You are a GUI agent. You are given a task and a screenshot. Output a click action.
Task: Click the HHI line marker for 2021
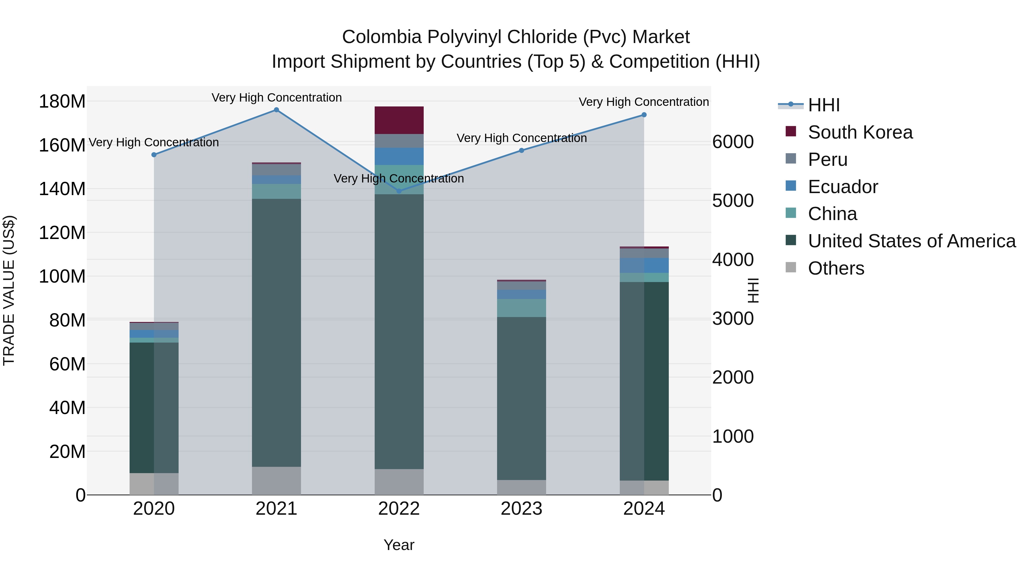click(276, 110)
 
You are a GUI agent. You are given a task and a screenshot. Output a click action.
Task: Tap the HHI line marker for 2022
click(399, 191)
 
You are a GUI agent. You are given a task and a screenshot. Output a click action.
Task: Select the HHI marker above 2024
click(644, 115)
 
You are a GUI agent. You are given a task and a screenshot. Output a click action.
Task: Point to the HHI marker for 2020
click(154, 155)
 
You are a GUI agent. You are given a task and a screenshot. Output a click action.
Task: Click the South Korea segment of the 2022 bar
click(399, 120)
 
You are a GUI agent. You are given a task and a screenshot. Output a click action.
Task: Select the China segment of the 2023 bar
click(522, 308)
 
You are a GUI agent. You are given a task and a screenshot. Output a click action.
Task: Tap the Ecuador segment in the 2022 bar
click(399, 156)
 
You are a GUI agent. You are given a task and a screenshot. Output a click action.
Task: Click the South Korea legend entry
click(860, 132)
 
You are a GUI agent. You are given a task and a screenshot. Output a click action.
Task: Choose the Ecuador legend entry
click(843, 187)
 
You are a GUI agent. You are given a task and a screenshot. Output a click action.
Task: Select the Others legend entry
click(836, 268)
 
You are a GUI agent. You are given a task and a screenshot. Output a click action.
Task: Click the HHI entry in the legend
click(824, 105)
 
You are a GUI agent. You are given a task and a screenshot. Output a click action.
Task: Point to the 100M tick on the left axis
click(62, 276)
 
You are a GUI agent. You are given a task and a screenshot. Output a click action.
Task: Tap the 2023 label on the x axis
click(522, 509)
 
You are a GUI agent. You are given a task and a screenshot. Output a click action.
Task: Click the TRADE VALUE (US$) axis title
click(9, 290)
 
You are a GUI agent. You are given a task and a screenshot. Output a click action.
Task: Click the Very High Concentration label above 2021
click(276, 98)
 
